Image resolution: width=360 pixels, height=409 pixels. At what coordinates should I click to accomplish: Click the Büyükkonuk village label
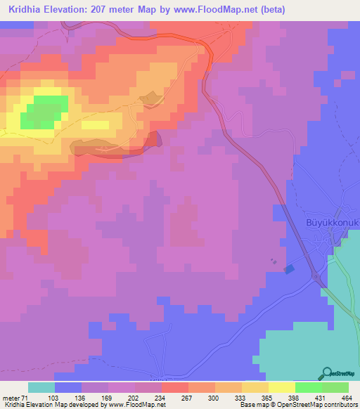[x=332, y=223]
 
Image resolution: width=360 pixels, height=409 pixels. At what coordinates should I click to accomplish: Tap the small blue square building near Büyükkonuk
[x=289, y=269]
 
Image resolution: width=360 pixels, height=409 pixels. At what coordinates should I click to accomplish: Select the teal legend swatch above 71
[x=41, y=387]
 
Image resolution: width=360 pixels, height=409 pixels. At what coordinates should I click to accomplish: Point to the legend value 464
[x=346, y=398]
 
